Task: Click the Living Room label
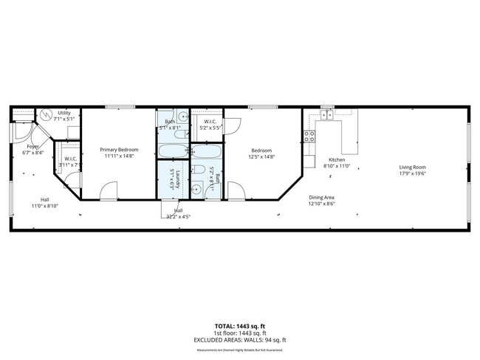click(413, 167)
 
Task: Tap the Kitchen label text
click(337, 160)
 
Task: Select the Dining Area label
click(321, 197)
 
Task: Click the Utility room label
click(64, 113)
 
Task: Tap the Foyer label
click(33, 147)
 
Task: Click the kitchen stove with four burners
click(310, 136)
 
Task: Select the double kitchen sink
click(326, 114)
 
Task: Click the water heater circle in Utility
click(46, 115)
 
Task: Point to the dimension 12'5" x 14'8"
click(261, 156)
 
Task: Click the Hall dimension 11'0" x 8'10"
click(45, 206)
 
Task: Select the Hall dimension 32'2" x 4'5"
click(178, 217)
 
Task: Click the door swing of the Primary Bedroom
click(108, 191)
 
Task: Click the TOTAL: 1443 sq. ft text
click(240, 325)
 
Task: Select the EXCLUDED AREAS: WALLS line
click(240, 340)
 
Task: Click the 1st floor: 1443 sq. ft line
click(240, 333)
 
